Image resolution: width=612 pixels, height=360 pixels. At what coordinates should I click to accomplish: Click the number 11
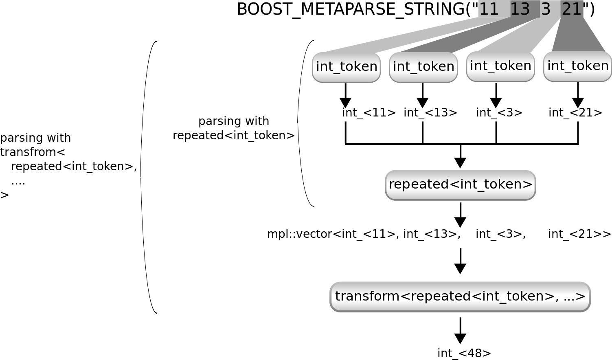(489, 9)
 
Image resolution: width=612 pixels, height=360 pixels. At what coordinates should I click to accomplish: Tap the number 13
(520, 9)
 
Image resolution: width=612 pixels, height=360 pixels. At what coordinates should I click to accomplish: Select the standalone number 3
(546, 9)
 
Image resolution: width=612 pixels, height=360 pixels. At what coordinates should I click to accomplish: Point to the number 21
(572, 9)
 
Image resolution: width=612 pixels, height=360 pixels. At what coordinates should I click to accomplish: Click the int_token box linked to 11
(347, 67)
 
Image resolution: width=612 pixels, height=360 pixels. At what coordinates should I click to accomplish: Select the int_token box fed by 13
(423, 67)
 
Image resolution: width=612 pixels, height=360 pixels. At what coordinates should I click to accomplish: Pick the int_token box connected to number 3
(500, 66)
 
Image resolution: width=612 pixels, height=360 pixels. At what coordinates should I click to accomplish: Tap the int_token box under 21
(578, 66)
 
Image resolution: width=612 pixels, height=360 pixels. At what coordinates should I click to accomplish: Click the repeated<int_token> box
(461, 185)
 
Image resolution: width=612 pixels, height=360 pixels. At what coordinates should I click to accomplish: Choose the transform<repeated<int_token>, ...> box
(460, 296)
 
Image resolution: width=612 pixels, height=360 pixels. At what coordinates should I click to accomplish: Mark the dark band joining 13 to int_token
(468, 39)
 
